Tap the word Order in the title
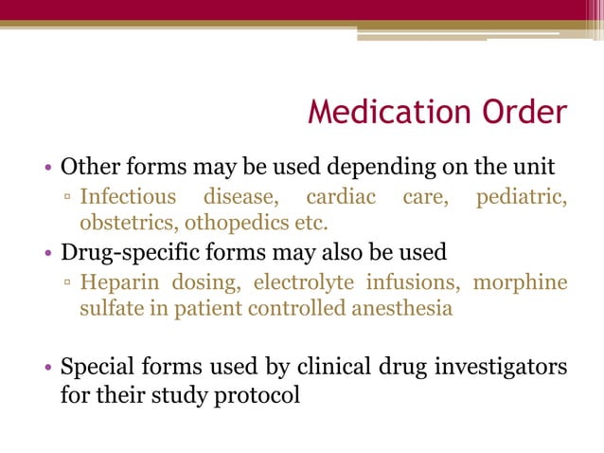point(524,114)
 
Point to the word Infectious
point(128,198)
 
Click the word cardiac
point(340,198)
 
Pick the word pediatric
point(520,198)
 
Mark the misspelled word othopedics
point(232,225)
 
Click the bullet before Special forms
point(49,367)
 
